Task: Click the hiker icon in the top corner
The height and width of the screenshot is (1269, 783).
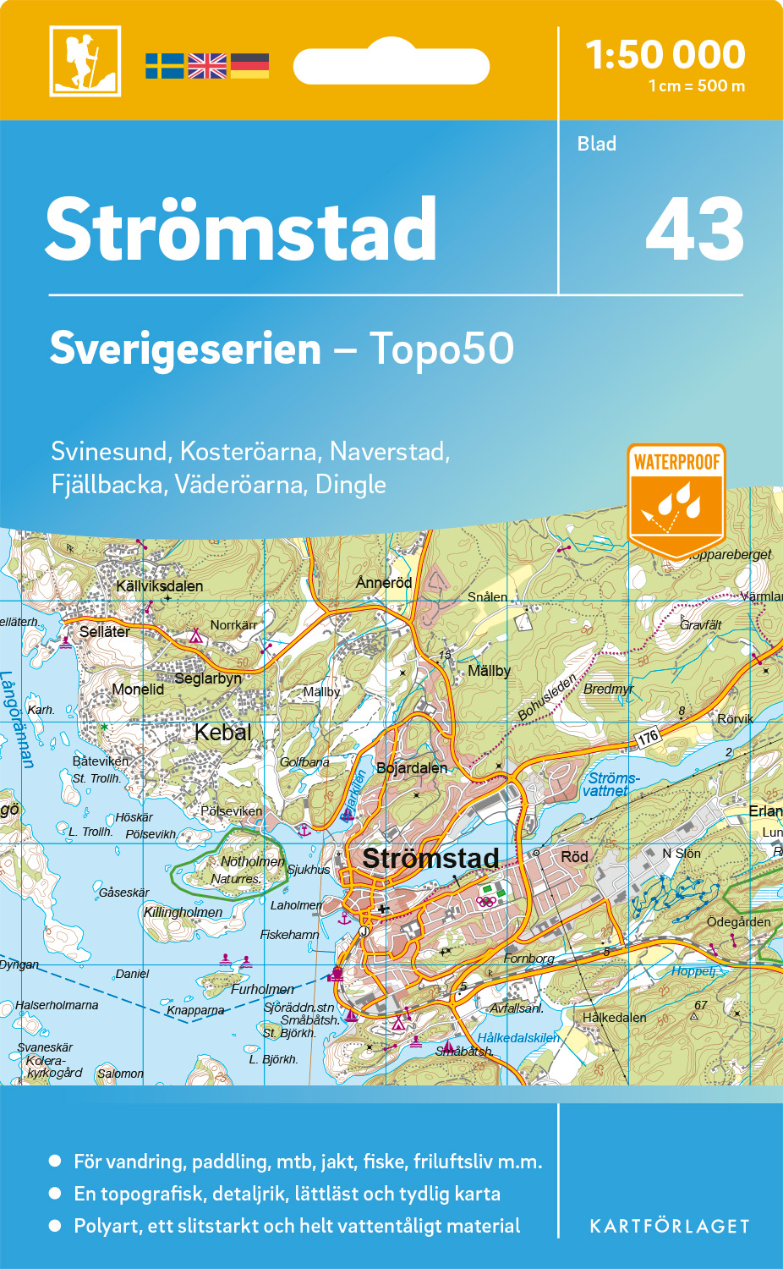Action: pos(85,61)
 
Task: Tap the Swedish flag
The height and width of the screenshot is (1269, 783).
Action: pos(164,66)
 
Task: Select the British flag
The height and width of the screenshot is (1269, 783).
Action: pos(207,66)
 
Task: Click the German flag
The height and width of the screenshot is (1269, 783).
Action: pos(249,66)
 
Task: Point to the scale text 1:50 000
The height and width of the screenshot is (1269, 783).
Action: pos(665,55)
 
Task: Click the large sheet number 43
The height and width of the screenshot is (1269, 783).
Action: pos(694,229)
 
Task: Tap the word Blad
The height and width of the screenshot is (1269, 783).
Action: pos(596,144)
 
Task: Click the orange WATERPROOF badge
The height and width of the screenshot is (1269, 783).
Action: pos(676,499)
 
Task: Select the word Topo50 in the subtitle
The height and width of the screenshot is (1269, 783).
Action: pos(441,349)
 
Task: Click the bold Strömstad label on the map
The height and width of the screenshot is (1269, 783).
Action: pos(430,858)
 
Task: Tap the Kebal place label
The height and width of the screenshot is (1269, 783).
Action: pos(222,732)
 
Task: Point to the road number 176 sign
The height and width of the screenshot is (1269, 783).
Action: pos(648,738)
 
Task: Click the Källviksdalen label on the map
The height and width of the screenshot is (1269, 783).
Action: pos(159,586)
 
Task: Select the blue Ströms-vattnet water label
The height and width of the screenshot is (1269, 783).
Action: pos(611,784)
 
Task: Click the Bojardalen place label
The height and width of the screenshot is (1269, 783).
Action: pos(412,768)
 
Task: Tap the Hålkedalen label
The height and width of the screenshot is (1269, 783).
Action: pos(614,1018)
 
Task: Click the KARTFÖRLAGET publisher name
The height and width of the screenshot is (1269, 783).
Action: pos(669,1227)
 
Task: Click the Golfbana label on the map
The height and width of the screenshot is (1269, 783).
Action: pos(304,762)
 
